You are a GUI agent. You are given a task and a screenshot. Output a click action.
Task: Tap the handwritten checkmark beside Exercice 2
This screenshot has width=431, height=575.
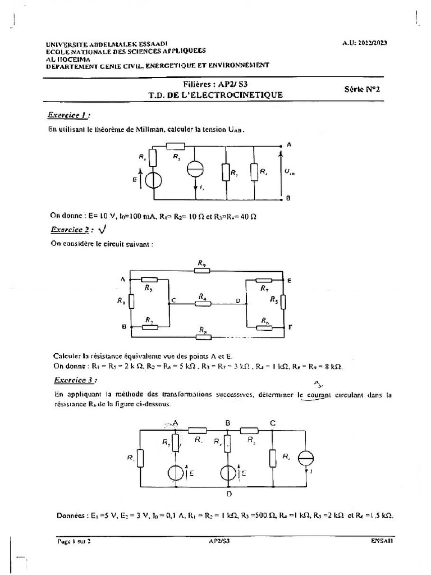(102, 229)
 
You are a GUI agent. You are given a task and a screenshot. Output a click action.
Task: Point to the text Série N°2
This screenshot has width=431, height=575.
(361, 89)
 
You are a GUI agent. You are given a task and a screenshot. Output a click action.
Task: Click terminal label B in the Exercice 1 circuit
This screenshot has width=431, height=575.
(288, 198)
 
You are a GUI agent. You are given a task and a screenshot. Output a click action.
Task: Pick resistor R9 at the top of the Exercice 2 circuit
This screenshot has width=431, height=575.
(201, 270)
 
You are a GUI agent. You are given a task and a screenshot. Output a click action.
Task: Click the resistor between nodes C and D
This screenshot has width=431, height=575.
(203, 303)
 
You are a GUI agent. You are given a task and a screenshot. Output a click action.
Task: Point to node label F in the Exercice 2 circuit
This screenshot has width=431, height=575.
(289, 326)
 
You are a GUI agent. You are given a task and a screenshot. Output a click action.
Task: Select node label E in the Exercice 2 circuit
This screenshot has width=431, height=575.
(289, 279)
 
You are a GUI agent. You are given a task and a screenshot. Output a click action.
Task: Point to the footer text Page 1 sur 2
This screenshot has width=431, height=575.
(74, 542)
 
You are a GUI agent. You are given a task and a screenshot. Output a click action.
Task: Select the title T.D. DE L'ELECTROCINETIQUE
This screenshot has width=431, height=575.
(215, 95)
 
